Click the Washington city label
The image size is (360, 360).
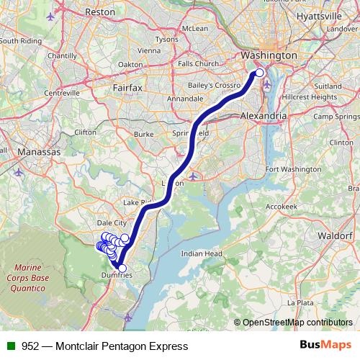tap(269, 55)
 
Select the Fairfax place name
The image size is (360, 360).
tap(128, 87)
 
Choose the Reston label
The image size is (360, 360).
tap(100, 12)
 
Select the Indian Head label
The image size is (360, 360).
tap(201, 253)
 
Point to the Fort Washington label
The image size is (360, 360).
tap(292, 169)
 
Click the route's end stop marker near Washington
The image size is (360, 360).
tap(260, 73)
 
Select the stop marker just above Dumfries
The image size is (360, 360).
tap(122, 269)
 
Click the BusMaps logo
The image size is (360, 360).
tap(320, 346)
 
